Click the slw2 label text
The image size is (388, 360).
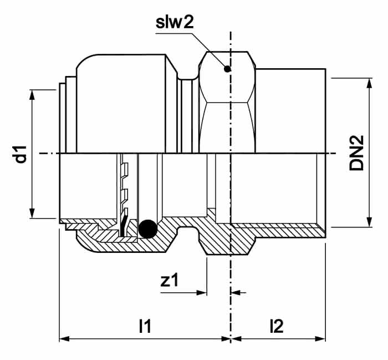175,22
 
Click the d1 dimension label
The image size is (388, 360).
21,155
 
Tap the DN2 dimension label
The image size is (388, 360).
356,153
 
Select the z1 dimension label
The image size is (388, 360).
169,280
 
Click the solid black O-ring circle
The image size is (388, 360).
148,229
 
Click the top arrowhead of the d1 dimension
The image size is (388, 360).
32,95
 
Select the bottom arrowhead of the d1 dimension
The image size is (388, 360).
32,214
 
